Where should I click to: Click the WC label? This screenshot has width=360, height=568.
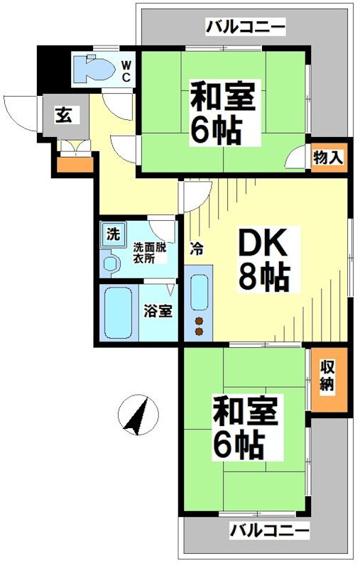coord(126,72)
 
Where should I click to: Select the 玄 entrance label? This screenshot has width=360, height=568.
coord(64,116)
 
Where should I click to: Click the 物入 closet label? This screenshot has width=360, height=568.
coord(328,158)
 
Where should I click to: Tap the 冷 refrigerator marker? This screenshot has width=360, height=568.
coord(197,248)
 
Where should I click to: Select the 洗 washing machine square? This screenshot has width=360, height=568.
coord(114,235)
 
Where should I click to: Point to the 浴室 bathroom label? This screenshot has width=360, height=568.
coord(158,311)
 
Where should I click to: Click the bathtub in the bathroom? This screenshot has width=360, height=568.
coord(118,312)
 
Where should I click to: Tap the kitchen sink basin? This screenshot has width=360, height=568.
coord(200,292)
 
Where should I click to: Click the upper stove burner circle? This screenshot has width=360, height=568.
coord(199,321)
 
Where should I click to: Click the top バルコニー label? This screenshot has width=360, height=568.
coord(246,27)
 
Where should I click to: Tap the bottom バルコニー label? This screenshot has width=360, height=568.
coord(270,531)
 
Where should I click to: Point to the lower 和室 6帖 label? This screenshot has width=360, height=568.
coord(246,427)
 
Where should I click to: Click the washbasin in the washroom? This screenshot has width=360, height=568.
coord(111,263)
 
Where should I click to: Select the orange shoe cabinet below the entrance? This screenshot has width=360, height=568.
coord(75,165)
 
